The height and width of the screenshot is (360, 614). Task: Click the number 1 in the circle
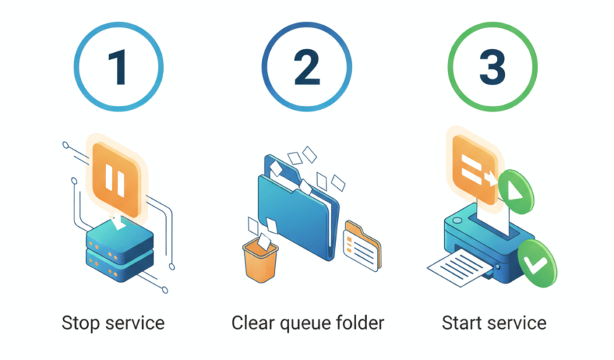(118, 67)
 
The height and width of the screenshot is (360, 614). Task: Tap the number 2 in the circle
(307, 67)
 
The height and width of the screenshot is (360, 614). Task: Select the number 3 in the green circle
(492, 67)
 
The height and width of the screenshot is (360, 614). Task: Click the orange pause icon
(115, 179)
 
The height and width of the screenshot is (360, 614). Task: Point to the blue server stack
(119, 250)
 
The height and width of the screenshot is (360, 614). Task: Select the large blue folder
(298, 208)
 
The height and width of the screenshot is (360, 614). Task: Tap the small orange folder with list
(362, 246)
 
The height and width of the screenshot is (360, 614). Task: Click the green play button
(516, 192)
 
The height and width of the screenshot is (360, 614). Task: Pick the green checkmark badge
(537, 264)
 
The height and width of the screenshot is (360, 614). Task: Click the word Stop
(81, 324)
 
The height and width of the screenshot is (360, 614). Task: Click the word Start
(462, 323)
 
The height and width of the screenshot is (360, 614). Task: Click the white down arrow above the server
(118, 222)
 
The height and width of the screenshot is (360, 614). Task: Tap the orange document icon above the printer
(473, 169)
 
